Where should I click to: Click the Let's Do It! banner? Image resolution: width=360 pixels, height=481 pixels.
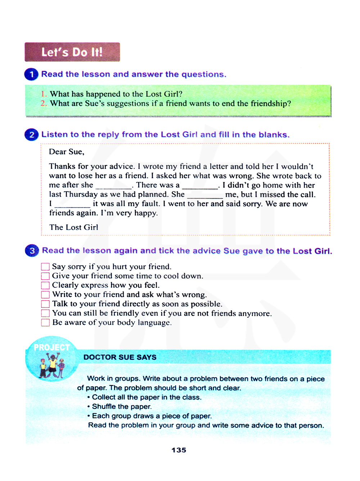[72, 52]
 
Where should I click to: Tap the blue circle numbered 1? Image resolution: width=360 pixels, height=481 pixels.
[31, 75]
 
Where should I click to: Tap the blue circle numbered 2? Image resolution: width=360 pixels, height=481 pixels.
[31, 135]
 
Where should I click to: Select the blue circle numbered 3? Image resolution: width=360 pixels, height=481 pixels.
[32, 251]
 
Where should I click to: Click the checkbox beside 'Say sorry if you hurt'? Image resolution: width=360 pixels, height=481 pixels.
[45, 267]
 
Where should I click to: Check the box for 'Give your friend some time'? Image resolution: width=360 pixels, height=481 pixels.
[45, 276]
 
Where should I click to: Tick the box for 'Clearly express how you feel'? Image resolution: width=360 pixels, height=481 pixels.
[45, 286]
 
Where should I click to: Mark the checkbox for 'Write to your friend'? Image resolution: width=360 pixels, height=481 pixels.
[45, 295]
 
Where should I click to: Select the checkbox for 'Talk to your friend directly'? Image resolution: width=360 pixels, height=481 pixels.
[45, 304]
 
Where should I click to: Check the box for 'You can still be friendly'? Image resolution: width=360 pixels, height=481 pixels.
[45, 313]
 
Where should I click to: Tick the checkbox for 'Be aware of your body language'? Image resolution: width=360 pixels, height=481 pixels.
[45, 323]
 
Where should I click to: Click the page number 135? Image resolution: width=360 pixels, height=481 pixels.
[179, 450]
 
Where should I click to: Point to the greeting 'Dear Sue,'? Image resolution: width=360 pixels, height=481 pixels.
[67, 152]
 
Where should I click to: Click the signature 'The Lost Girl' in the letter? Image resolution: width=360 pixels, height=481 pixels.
[73, 227]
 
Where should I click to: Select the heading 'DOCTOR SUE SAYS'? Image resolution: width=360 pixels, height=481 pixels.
[120, 357]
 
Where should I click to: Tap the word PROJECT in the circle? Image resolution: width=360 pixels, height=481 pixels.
[51, 347]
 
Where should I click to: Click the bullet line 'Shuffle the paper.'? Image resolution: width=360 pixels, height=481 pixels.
[122, 406]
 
